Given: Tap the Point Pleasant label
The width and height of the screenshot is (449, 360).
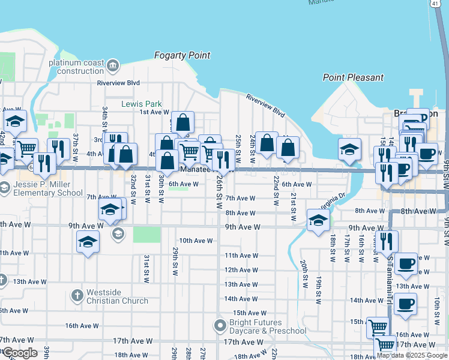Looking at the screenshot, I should click(x=353, y=77).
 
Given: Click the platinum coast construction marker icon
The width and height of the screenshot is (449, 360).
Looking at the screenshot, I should click(x=113, y=64).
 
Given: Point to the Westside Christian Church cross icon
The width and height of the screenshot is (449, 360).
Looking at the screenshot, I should click(x=76, y=295).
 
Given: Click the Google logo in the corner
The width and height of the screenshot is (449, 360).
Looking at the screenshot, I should click(x=19, y=353).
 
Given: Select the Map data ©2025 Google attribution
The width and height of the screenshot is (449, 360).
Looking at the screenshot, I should click(x=412, y=355).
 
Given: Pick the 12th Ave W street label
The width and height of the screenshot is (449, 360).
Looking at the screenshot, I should click(x=241, y=270).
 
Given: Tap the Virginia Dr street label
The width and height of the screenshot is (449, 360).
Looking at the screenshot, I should click(x=334, y=199).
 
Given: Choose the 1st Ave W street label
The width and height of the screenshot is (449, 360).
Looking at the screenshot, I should click(x=154, y=112).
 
